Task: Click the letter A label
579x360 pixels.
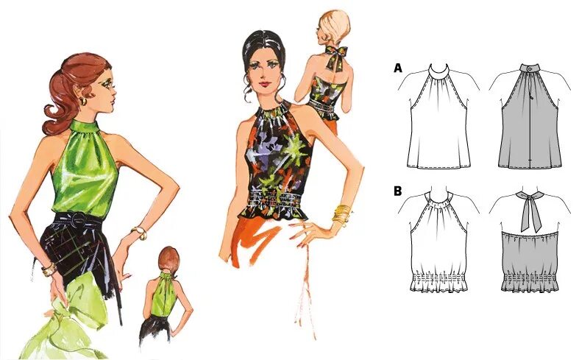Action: click(x=398, y=68)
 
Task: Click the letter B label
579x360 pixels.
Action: click(x=398, y=191)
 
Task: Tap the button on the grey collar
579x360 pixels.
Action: click(x=530, y=68)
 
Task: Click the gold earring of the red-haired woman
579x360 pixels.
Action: click(x=83, y=101)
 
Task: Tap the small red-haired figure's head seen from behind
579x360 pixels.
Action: click(x=168, y=259)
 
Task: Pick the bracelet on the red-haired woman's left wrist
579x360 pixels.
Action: click(x=140, y=233)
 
